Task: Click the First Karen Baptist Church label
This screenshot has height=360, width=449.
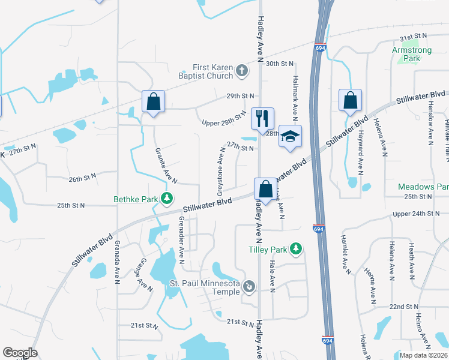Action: (212, 72)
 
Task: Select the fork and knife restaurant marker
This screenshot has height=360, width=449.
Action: (262, 118)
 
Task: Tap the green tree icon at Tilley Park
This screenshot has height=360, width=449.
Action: (295, 248)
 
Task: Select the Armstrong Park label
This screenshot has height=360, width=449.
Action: (411, 55)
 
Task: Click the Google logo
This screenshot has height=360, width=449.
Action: (20, 353)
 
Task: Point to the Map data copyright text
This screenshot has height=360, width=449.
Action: (423, 355)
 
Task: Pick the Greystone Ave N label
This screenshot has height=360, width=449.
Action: (221, 173)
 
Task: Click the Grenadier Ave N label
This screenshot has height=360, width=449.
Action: (180, 241)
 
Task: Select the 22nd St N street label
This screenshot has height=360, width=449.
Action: (403, 307)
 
